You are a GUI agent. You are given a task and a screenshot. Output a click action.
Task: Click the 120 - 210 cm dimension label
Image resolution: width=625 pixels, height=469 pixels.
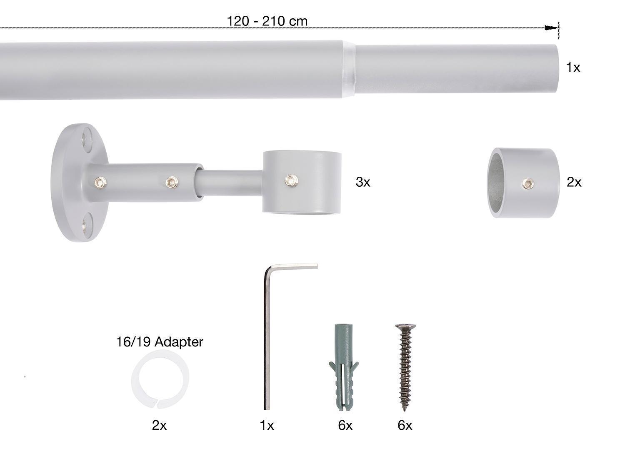[267, 21]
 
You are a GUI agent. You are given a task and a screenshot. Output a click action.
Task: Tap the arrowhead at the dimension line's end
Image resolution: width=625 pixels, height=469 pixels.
[551, 28]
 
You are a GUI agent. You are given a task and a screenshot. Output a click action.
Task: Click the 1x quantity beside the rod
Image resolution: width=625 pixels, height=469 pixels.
[573, 68]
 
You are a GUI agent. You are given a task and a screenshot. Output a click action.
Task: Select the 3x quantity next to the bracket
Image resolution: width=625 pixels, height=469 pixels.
[363, 182]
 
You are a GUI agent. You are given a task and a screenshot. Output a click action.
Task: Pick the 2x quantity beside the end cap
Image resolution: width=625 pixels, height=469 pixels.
[574, 182]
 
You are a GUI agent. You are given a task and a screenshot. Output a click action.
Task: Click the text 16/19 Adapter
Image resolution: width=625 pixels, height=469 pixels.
[160, 342]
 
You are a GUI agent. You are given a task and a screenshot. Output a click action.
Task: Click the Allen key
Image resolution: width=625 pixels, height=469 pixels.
[267, 336]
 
